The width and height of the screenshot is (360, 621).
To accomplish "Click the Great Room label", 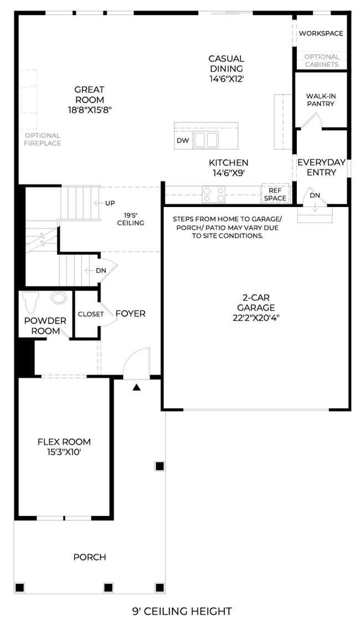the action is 89,95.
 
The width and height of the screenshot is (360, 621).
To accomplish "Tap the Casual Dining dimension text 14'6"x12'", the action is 227,79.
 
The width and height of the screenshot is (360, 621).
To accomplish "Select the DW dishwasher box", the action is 183,141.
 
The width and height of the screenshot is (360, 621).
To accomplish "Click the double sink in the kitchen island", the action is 206,140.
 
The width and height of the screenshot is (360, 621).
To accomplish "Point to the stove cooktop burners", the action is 214,194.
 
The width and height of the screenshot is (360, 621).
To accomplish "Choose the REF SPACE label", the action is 275,194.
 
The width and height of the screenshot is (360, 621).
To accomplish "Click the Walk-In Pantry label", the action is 320,100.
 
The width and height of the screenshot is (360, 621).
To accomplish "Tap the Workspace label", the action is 321,33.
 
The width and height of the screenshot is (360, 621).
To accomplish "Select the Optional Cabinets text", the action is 322,60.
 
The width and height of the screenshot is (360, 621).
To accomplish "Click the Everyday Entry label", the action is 322,167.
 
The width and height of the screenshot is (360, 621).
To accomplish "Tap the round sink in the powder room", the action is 58,297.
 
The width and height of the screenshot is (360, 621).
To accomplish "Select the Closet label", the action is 91,314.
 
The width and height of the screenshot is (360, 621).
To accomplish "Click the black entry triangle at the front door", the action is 137,388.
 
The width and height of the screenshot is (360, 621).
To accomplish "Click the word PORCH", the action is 90,557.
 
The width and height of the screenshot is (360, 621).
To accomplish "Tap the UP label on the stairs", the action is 110,203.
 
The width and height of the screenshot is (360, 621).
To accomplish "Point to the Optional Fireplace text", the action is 43,139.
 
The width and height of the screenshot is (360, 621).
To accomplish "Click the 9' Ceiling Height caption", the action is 182,612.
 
